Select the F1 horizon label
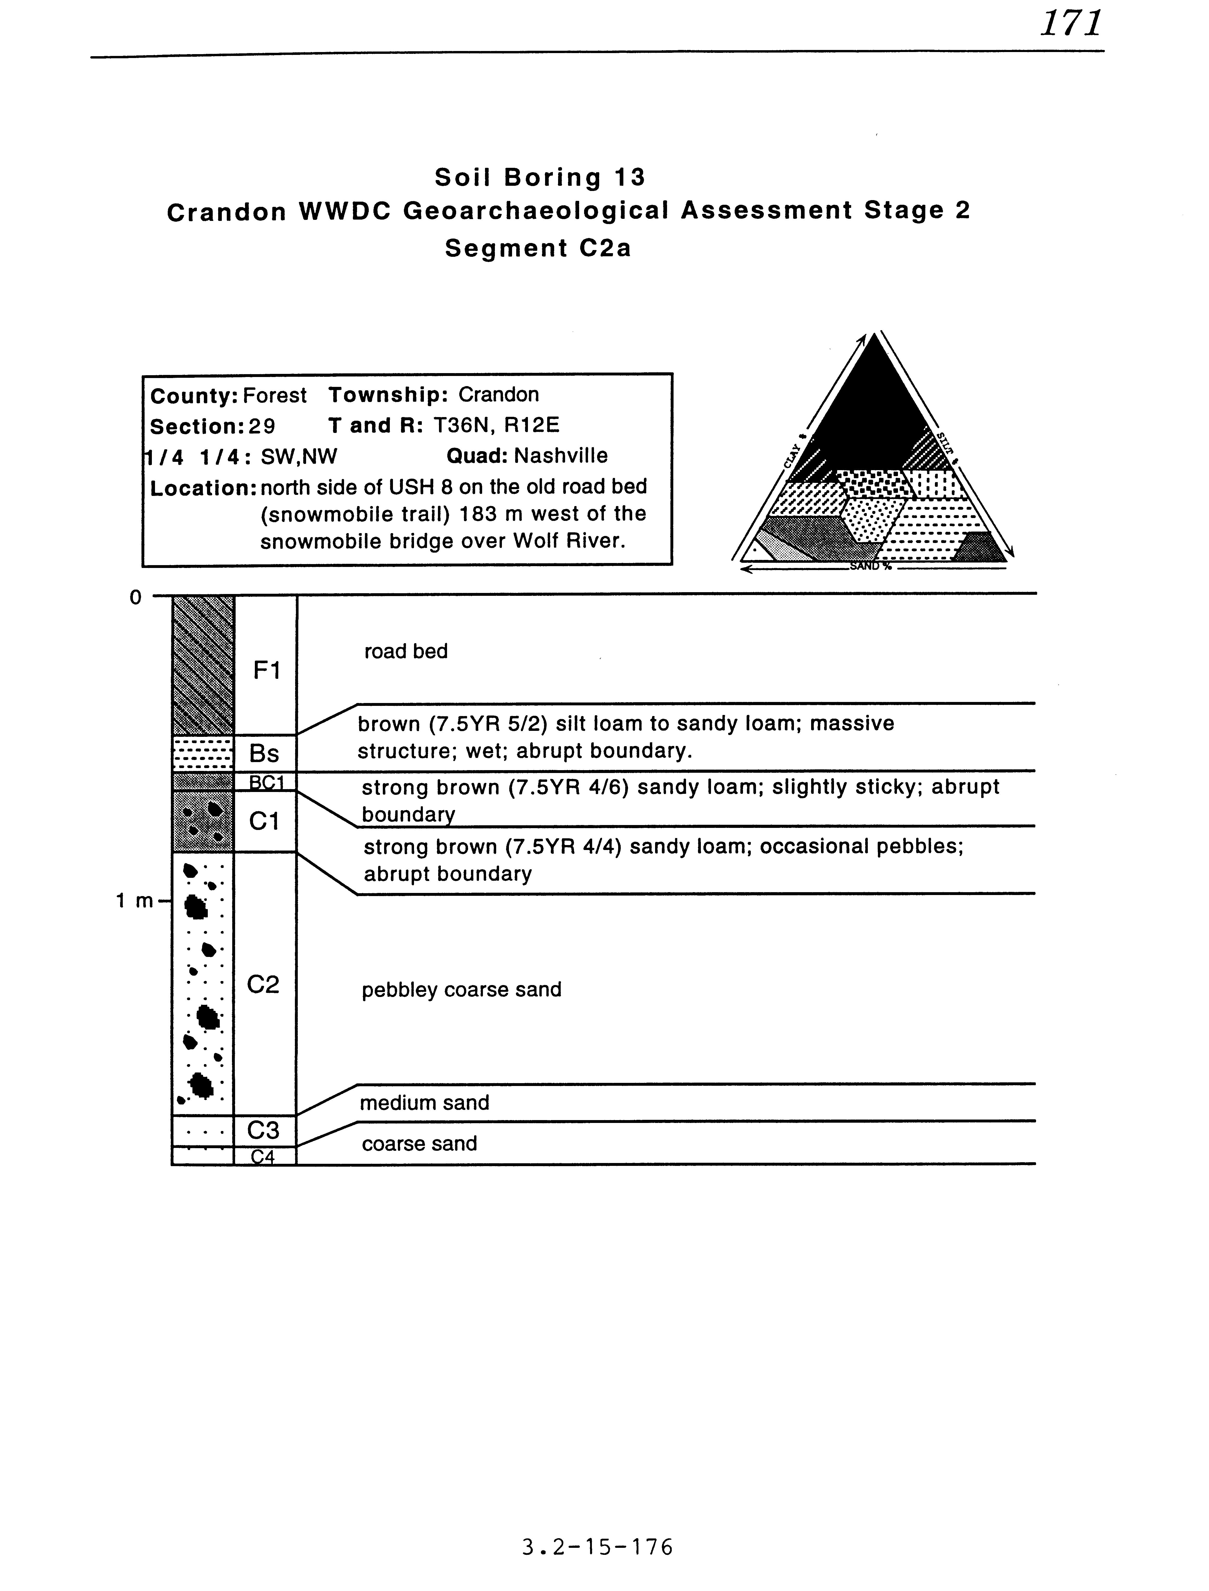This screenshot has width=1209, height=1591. pos(266,671)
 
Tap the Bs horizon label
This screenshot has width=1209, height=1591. pos(264,754)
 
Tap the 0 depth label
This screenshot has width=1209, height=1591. pos(135,598)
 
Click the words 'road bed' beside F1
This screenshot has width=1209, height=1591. pos(406,651)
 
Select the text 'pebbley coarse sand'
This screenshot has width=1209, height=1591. pos(461,990)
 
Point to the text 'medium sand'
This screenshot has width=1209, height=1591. pos(425,1103)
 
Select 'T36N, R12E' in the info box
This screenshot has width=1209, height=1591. pos(496,425)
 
